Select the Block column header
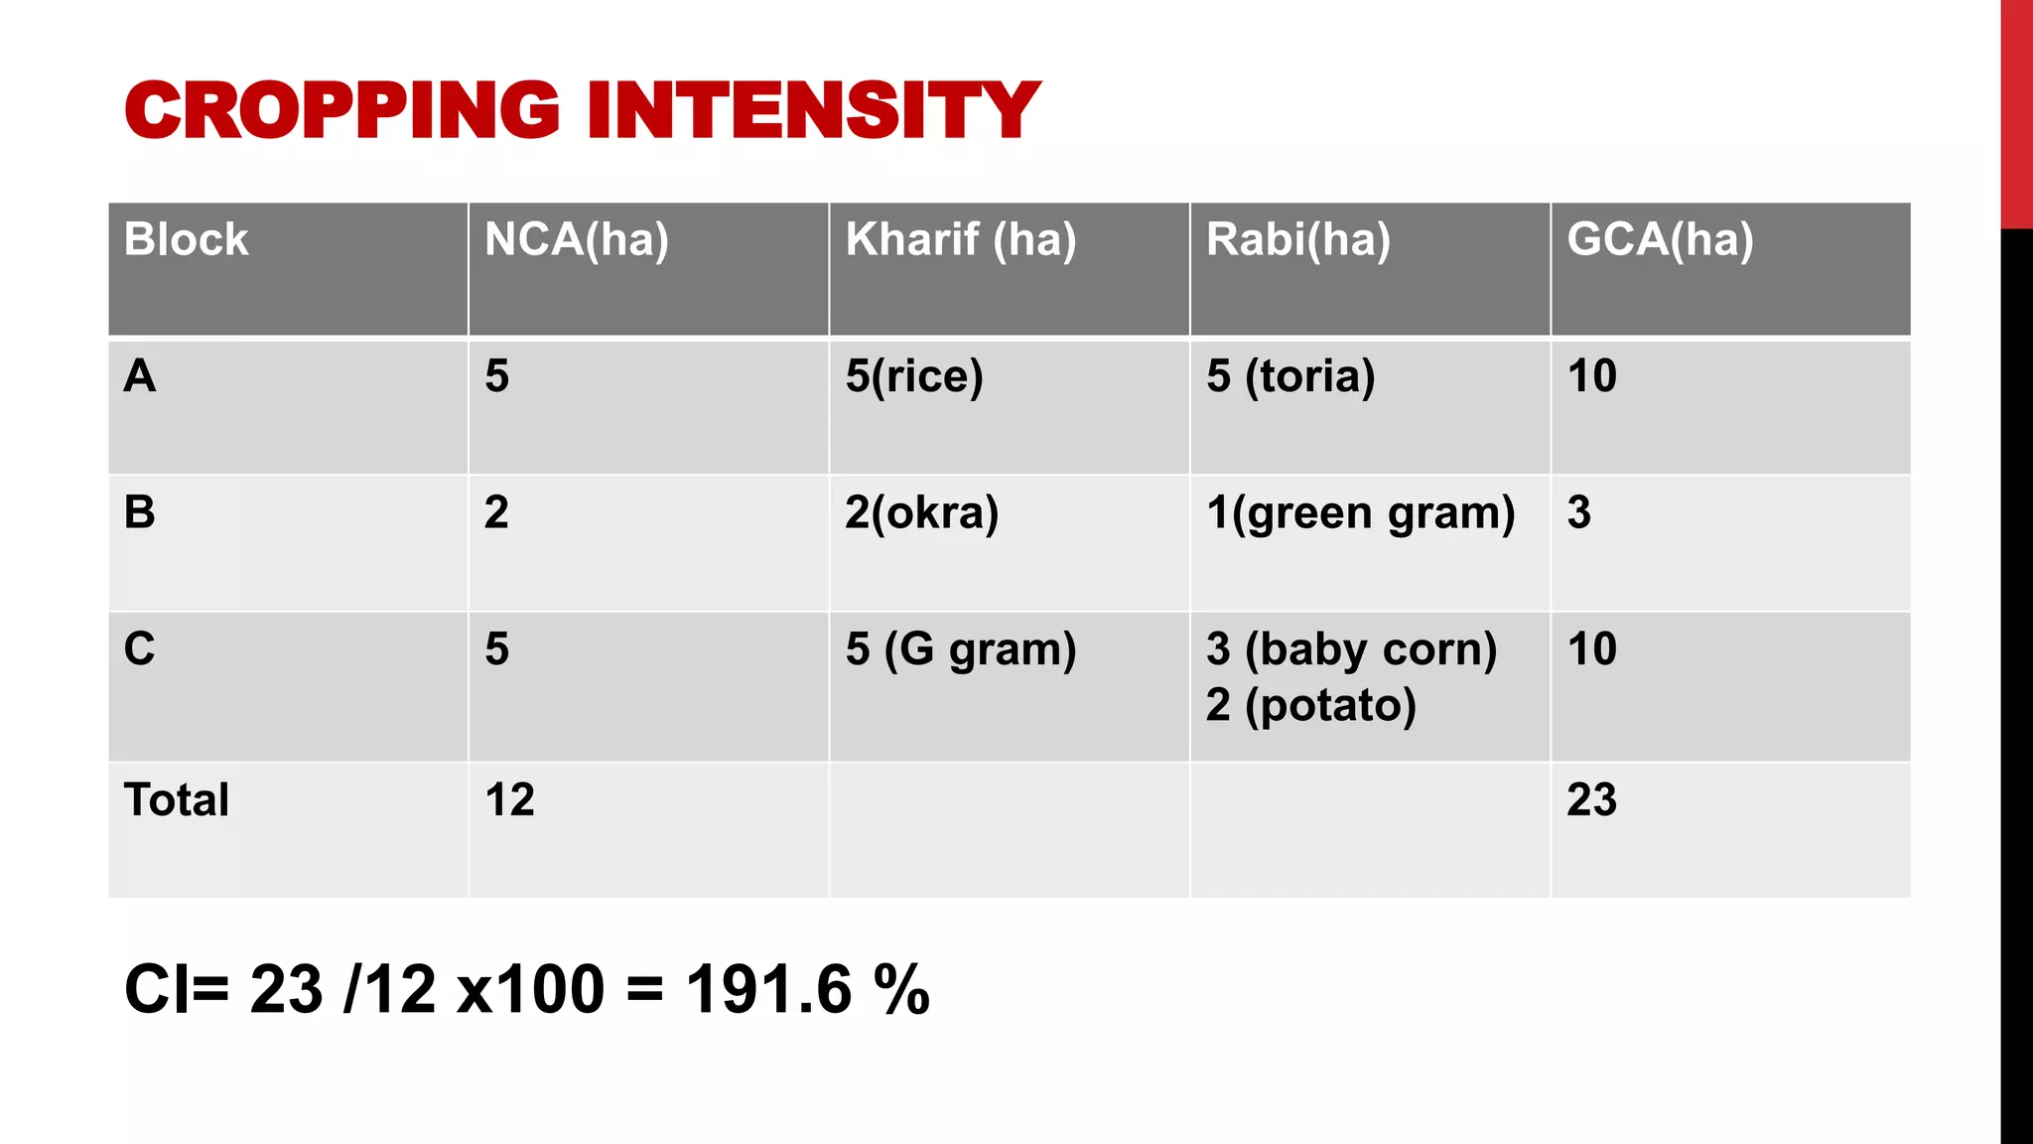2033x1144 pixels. point(186,240)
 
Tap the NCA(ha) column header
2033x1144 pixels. point(576,240)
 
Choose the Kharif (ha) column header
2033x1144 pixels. point(960,240)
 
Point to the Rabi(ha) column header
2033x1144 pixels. point(1297,240)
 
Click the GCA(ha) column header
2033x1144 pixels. point(1660,240)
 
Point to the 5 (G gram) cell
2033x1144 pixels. point(960,649)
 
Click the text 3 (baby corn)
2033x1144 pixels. point(1351,649)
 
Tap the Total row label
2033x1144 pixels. point(176,800)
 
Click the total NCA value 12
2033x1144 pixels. point(509,800)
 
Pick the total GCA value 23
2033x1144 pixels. point(1591,800)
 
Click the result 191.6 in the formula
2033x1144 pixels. point(768,990)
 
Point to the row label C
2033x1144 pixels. point(139,649)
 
